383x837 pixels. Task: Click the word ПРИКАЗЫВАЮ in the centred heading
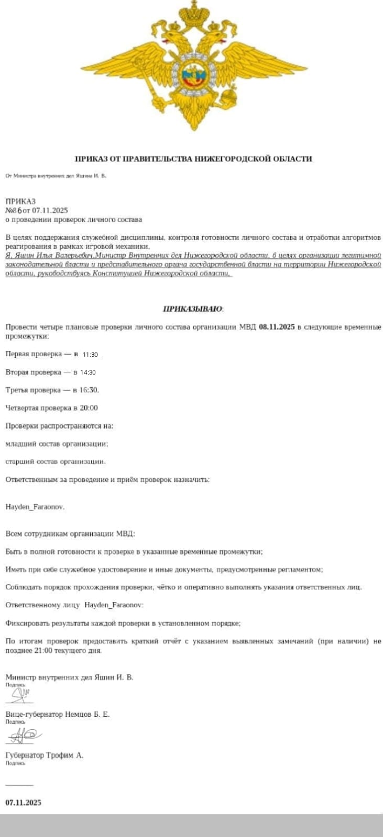pos(193,309)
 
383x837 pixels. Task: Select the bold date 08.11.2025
pos(277,327)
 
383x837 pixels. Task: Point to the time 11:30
pos(90,355)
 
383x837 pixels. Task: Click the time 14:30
pos(87,372)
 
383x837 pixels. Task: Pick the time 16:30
pos(89,390)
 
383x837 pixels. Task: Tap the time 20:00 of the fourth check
pos(89,408)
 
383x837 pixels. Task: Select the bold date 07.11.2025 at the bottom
pos(24,802)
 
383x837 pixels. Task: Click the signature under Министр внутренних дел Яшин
pos(20,695)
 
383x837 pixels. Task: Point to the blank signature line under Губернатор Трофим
pos(19,785)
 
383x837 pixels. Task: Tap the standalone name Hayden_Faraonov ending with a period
pos(35,507)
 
